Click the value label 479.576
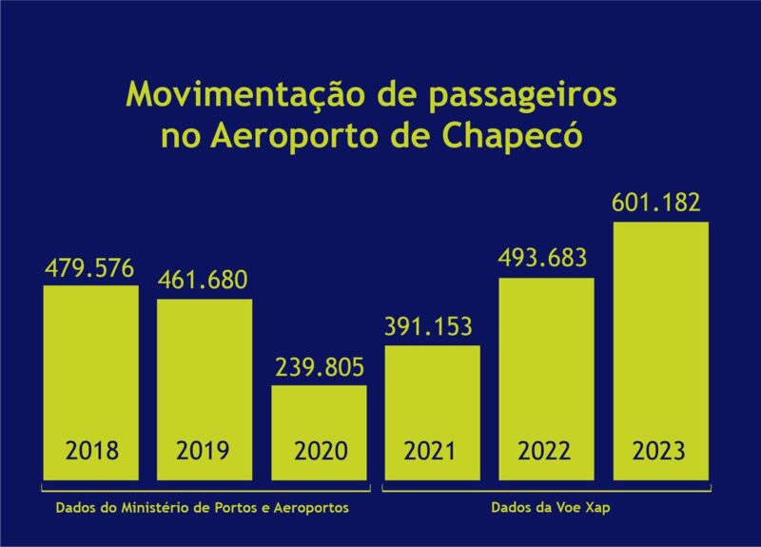tap(89, 268)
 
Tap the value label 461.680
tap(204, 282)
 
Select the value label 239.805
tap(319, 368)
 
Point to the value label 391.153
tap(431, 327)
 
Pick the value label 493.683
tap(545, 259)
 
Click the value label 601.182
tap(659, 203)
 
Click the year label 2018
tap(91, 450)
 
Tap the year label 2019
tap(204, 450)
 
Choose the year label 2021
tap(431, 450)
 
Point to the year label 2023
tap(659, 450)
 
